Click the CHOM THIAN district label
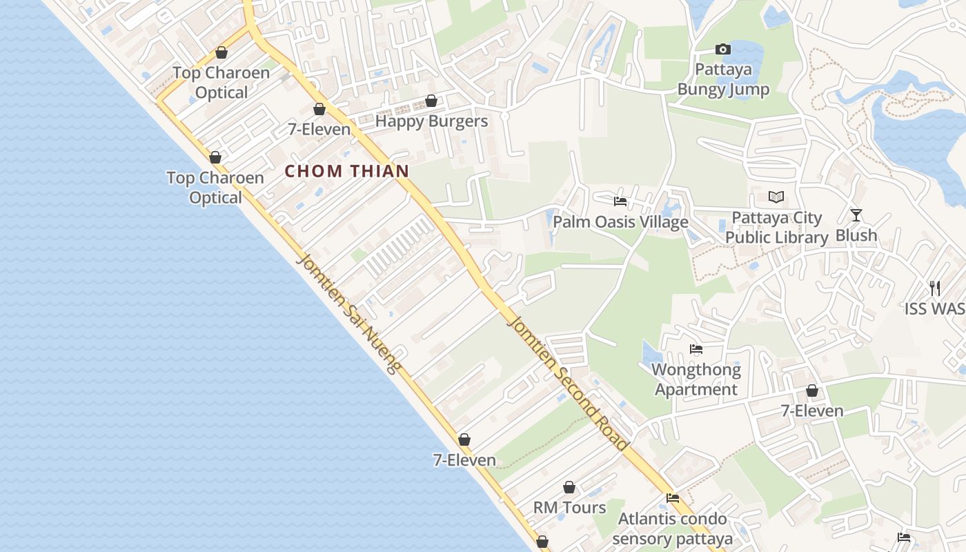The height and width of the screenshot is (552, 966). tap(347, 171)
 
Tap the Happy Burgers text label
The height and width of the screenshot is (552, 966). tap(431, 121)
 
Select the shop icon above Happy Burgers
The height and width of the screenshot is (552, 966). tap(431, 101)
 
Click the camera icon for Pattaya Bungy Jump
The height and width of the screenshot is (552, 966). tap(722, 49)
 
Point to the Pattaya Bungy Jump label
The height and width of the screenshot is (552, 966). tap(722, 79)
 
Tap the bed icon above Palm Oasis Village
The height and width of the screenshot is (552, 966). tap(620, 201)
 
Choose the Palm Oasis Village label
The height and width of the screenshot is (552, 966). tap(620, 221)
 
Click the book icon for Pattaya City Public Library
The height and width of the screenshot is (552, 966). tap(776, 197)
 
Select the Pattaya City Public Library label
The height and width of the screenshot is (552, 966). tap(776, 228)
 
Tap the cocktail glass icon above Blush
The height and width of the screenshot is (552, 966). tap(856, 215)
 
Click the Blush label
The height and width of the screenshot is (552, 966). tap(856, 235)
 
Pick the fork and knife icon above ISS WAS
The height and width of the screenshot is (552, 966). tap(935, 288)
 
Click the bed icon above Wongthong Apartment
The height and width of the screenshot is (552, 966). tap(696, 350)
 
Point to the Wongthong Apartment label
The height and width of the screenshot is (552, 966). tap(696, 379)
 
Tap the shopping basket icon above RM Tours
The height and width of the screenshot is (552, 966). tap(569, 488)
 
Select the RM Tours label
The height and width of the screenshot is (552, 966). tap(569, 508)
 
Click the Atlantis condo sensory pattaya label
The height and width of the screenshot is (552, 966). tap(672, 529)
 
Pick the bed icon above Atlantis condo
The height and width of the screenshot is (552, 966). tap(673, 497)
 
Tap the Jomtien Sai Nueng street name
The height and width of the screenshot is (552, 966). tap(348, 314)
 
